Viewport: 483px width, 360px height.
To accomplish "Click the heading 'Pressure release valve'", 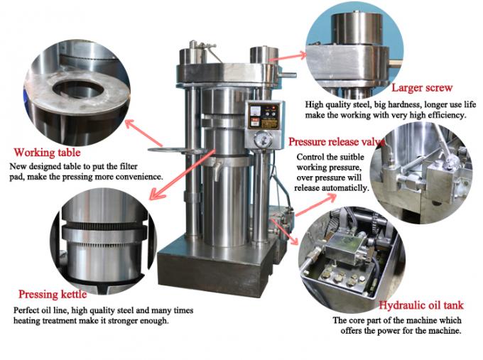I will tap(337, 141).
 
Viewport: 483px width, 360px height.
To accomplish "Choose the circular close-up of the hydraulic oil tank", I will tap(346, 253).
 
